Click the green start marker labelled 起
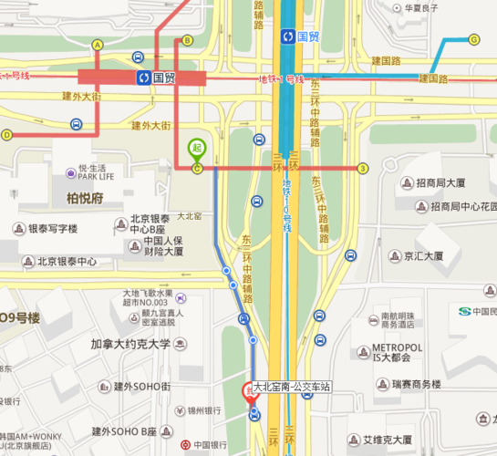coord(196,149)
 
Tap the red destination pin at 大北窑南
coord(248,391)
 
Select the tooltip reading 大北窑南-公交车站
coord(292,387)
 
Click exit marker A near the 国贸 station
coord(97,44)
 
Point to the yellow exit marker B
coord(187,40)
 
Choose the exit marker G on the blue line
coord(474,39)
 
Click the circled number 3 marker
coord(363,168)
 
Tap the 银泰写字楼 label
coord(57,228)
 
